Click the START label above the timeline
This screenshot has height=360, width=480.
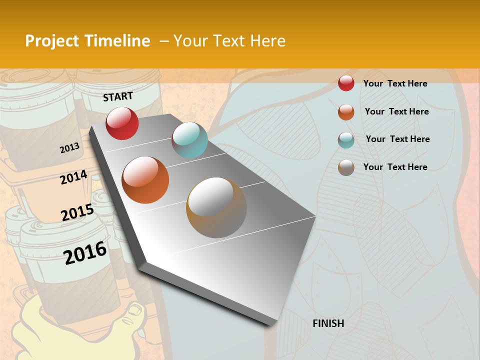point(118,96)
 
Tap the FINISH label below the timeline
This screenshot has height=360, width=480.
point(328,323)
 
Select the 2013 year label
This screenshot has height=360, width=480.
point(70,148)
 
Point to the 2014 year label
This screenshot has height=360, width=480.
point(74,177)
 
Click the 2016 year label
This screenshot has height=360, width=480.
point(85,252)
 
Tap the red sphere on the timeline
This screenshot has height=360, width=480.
point(122,123)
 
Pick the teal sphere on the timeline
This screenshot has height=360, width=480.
point(189,140)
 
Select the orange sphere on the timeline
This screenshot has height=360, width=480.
point(145,179)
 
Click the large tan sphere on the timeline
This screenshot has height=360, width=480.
point(216,207)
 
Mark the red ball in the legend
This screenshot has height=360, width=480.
point(346,83)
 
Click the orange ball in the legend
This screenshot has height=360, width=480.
point(346,112)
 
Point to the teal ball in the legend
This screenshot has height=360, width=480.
point(346,140)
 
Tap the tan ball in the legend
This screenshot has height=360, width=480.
point(346,167)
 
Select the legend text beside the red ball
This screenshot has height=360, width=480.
point(395,83)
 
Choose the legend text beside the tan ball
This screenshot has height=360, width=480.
point(395,167)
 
